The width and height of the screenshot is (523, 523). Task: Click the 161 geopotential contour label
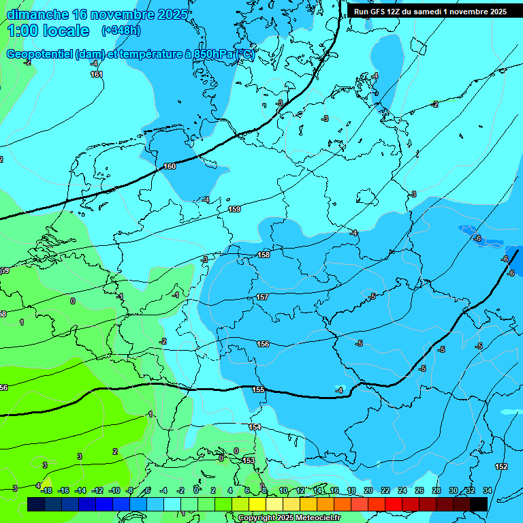[97, 74]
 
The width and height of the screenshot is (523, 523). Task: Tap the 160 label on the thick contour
[170, 166]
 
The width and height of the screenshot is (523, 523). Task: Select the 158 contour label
[264, 255]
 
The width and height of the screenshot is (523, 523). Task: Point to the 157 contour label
[262, 298]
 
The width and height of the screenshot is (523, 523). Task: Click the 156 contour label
[263, 344]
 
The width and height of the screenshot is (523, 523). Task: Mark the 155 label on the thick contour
[258, 390]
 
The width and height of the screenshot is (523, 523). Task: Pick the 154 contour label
[255, 427]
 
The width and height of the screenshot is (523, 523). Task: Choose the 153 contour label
[249, 460]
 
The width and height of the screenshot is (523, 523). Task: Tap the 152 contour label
[501, 466]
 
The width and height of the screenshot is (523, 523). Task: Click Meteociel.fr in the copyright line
[317, 518]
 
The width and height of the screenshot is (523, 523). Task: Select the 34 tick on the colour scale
[487, 490]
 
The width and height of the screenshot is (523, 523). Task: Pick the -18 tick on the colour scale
[46, 490]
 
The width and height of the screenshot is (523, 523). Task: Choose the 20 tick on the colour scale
[368, 490]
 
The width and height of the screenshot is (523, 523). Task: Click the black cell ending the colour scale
[479, 504]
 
